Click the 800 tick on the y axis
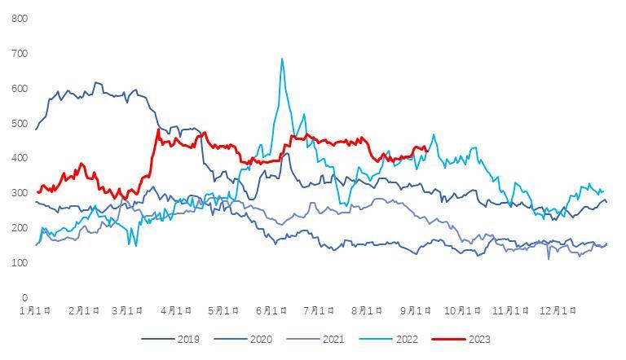pos(20,19)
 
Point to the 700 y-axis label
pos(20,54)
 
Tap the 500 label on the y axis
pos(20,124)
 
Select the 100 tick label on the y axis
pos(20,263)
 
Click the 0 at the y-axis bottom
pos(24,298)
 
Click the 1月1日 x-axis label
pos(37,310)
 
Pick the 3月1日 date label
pos(128,310)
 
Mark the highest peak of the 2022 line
pos(282,59)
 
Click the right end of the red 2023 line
pos(428,149)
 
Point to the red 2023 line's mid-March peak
pos(158,130)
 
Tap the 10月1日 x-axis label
pos(463,310)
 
